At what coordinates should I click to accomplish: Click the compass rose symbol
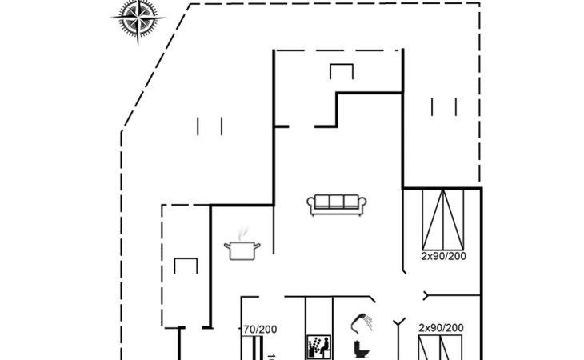138,18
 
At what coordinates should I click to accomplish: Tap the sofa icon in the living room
337,204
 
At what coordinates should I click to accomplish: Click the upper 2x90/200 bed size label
443,257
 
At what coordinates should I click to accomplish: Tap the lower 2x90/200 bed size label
441,328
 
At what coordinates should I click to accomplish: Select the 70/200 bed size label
259,329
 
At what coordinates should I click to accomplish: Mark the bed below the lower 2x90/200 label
441,349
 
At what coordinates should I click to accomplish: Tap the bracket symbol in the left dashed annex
186,265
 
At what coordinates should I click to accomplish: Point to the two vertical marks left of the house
210,126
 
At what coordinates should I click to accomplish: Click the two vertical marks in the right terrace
443,106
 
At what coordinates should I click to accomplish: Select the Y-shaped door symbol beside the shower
399,324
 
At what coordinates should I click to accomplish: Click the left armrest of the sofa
310,205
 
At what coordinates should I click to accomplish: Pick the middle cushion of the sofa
337,202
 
